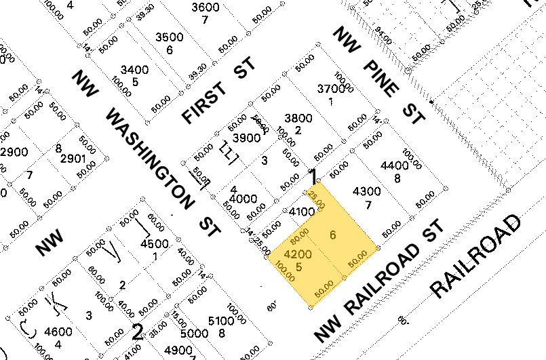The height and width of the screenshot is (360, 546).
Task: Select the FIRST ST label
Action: (218, 92)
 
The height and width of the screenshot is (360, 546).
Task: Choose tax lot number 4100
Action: (301, 212)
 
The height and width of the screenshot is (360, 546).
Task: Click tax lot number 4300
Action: (367, 192)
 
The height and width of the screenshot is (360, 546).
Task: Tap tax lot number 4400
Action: (395, 165)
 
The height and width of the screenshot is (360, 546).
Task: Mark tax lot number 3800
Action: (298, 118)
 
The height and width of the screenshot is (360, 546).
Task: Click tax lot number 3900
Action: (247, 137)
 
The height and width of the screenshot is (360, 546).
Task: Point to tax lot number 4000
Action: (243, 199)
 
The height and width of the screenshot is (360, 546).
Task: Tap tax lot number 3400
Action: (134, 70)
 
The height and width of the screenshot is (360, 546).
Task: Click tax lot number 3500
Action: (170, 37)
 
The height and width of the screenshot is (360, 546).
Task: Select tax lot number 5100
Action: (221, 321)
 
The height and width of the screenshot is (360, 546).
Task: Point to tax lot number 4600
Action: (57, 332)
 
